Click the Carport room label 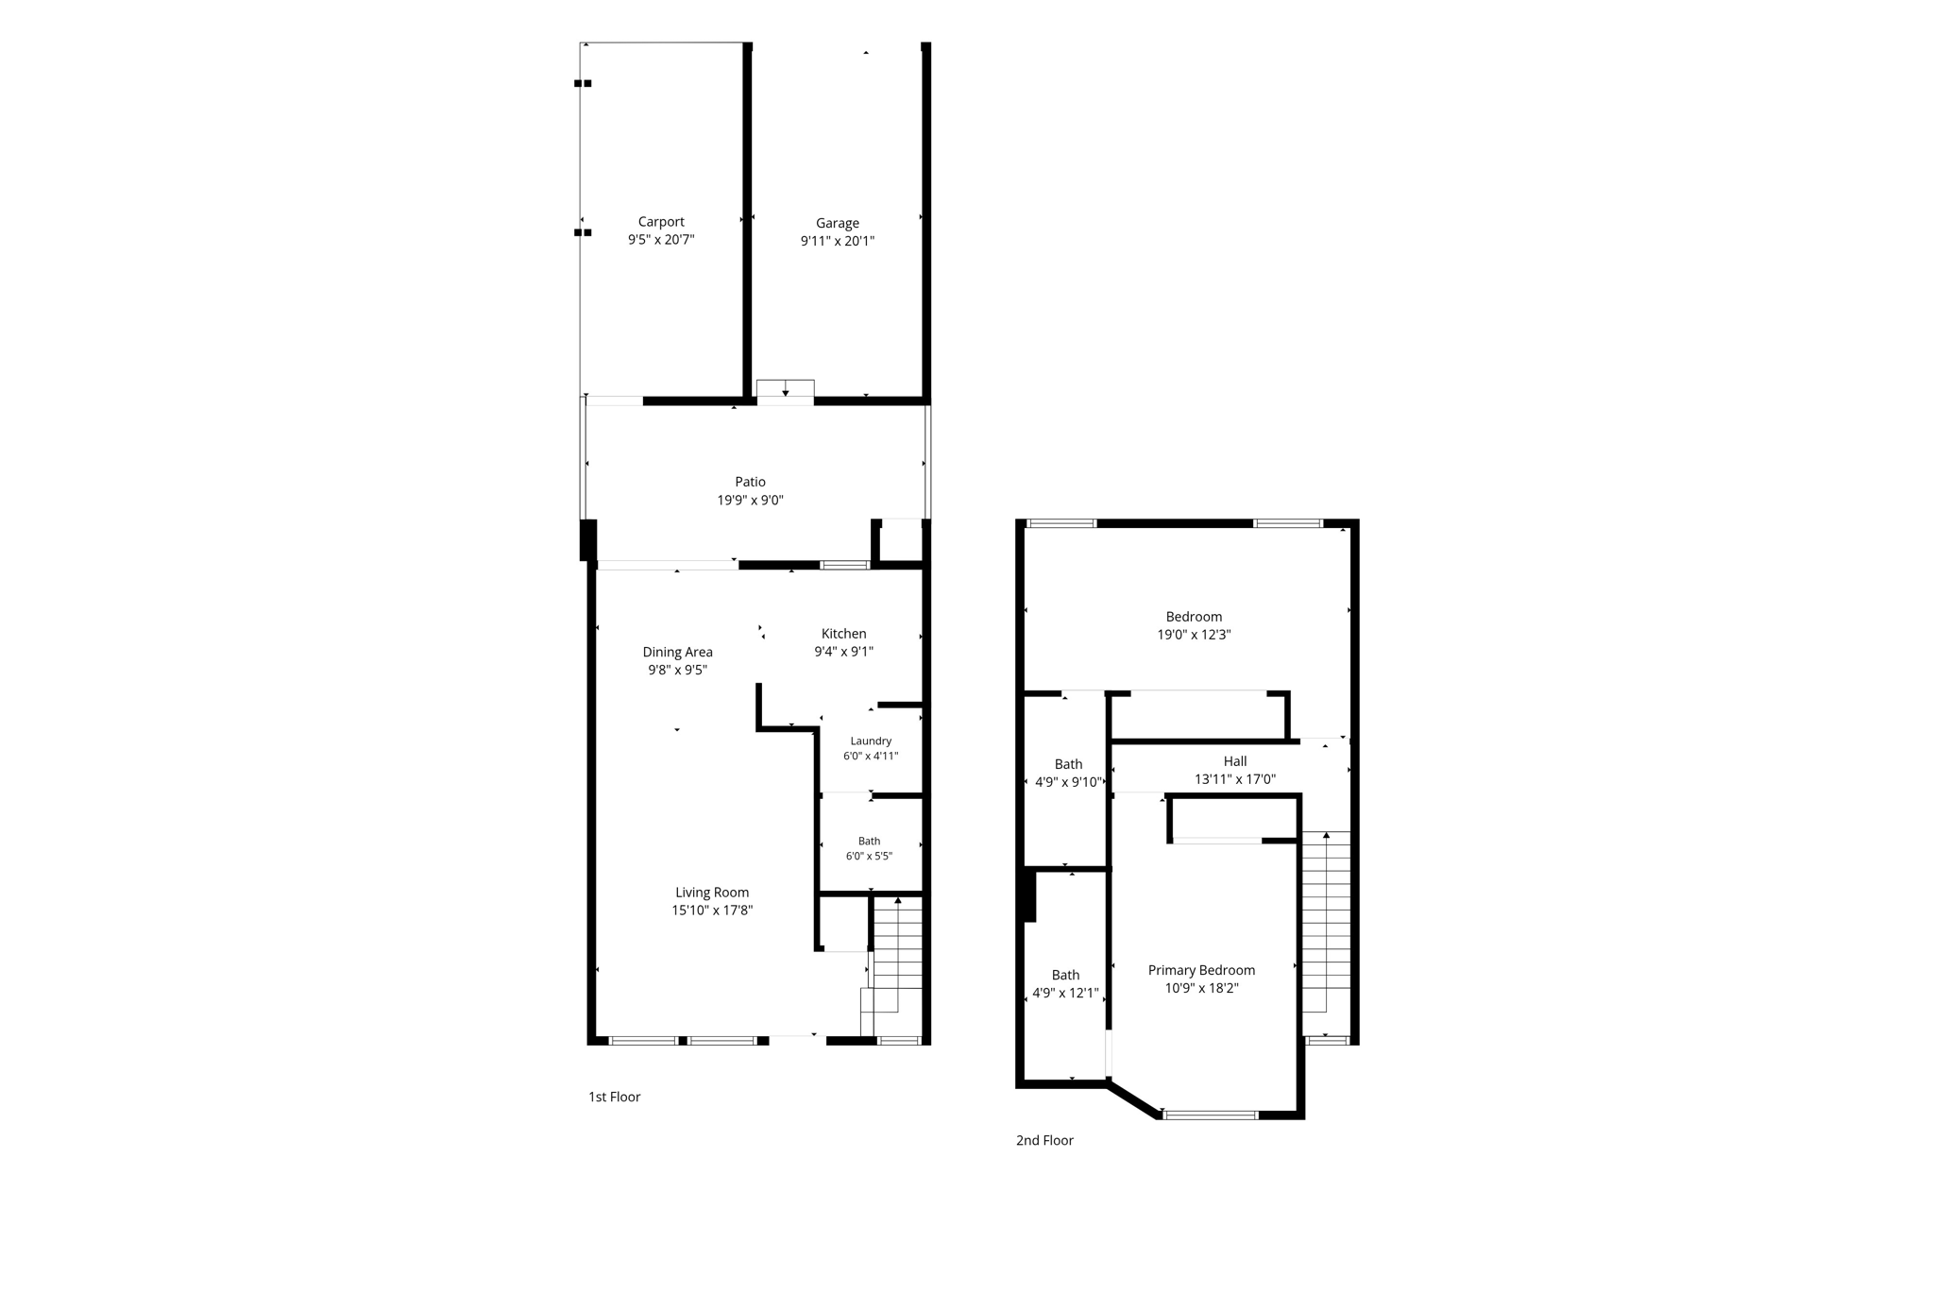tap(661, 222)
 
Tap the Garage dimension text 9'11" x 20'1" tap(838, 241)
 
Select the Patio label tap(751, 482)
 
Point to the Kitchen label tap(843, 634)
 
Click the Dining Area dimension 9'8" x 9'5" tap(677, 670)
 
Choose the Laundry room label tap(871, 741)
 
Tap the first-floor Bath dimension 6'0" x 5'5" tap(869, 857)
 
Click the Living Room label tap(712, 893)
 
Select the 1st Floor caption tap(615, 1097)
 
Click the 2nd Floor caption tap(1044, 1140)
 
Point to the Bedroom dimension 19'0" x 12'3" tap(1194, 635)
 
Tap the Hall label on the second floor tap(1235, 761)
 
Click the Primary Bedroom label tap(1201, 970)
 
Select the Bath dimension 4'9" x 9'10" tap(1069, 782)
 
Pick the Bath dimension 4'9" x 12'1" tap(1065, 993)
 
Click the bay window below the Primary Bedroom tap(1211, 1115)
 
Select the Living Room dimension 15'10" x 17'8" tap(712, 911)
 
